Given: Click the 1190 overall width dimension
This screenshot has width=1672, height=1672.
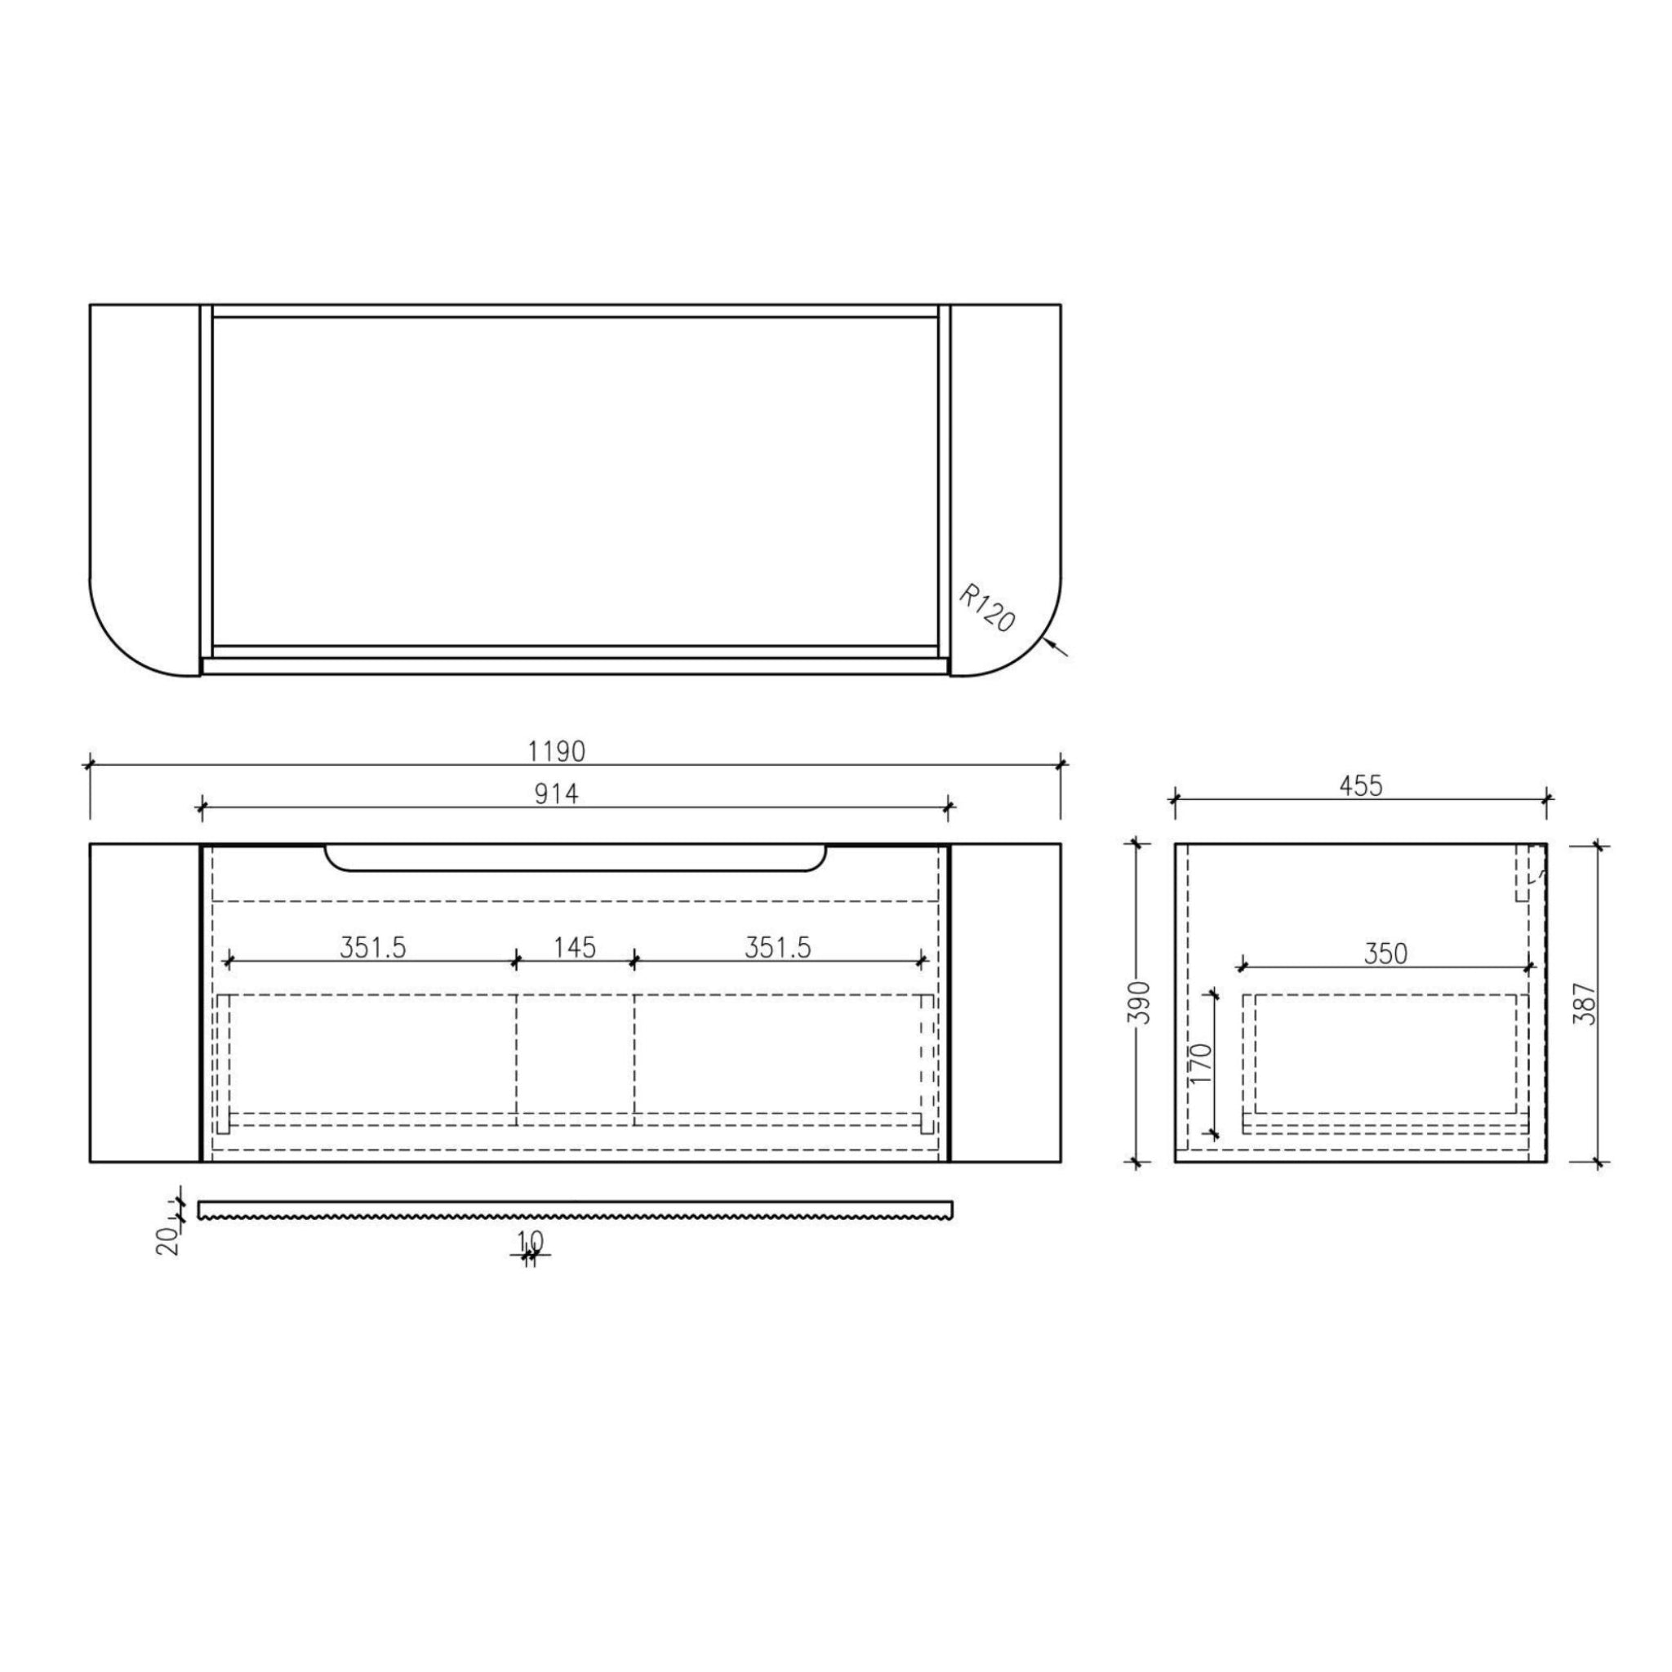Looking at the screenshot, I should pos(557,751).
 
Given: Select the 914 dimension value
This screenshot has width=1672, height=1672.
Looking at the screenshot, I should pos(556,794).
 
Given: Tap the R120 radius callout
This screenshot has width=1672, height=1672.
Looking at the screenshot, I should pos(986,608).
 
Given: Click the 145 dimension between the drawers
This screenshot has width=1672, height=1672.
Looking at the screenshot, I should pos(575,948).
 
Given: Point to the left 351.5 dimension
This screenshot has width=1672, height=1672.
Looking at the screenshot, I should pos(372,948).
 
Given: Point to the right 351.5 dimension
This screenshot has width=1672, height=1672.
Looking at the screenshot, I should pos(778,948).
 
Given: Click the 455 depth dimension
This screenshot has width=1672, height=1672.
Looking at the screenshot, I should pos(1361,786).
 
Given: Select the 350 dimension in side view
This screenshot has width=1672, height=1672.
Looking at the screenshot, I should pos(1385,954).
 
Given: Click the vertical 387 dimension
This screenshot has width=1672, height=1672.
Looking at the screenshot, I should pos(1583,1004).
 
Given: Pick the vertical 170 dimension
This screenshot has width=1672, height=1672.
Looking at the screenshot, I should pos(1202,1065).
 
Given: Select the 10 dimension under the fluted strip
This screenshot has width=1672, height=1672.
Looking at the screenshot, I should pos(531,1241).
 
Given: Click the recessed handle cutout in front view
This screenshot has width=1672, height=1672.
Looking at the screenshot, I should pos(576,858).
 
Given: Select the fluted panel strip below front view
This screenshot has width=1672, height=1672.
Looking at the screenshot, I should pos(576,1208).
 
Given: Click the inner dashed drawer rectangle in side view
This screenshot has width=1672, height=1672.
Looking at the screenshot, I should pos(1385,1053).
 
